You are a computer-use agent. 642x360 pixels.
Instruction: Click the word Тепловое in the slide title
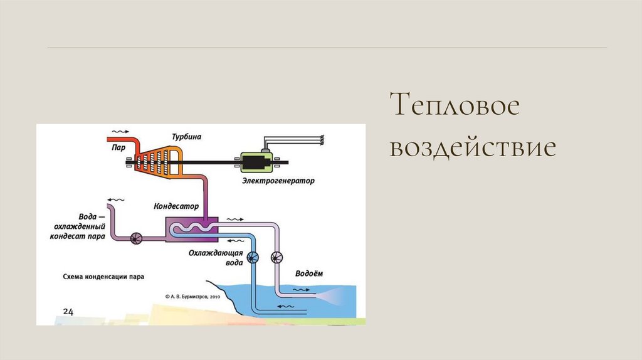click(x=455, y=105)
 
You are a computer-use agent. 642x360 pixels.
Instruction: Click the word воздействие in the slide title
click(x=472, y=148)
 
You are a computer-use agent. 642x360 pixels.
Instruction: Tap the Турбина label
click(x=187, y=136)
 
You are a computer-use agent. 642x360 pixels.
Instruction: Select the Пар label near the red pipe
click(x=118, y=147)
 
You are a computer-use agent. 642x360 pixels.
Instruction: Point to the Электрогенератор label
click(x=278, y=181)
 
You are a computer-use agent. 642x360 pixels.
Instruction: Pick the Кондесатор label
click(x=176, y=206)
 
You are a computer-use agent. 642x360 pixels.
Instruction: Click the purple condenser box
click(x=191, y=229)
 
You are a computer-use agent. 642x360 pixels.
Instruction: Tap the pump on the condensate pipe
click(x=136, y=238)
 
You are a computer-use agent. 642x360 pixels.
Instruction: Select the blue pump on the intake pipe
click(x=254, y=257)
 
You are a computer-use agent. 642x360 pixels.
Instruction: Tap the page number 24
click(x=68, y=311)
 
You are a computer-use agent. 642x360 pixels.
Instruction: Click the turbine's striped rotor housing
click(x=156, y=161)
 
